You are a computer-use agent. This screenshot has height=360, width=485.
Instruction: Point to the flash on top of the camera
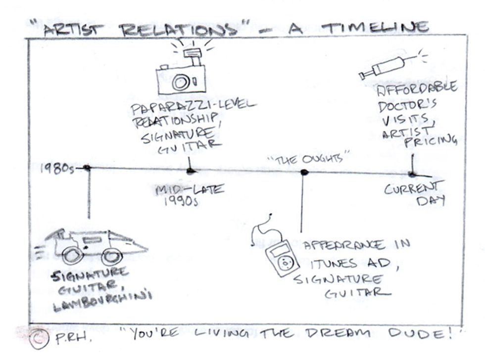click(x=190, y=51)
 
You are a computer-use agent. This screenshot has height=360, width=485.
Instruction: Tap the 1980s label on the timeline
click(x=56, y=169)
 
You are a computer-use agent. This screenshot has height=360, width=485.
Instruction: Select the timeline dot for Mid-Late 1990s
click(x=191, y=171)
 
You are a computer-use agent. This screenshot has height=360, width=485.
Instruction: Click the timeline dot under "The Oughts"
click(x=304, y=172)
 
